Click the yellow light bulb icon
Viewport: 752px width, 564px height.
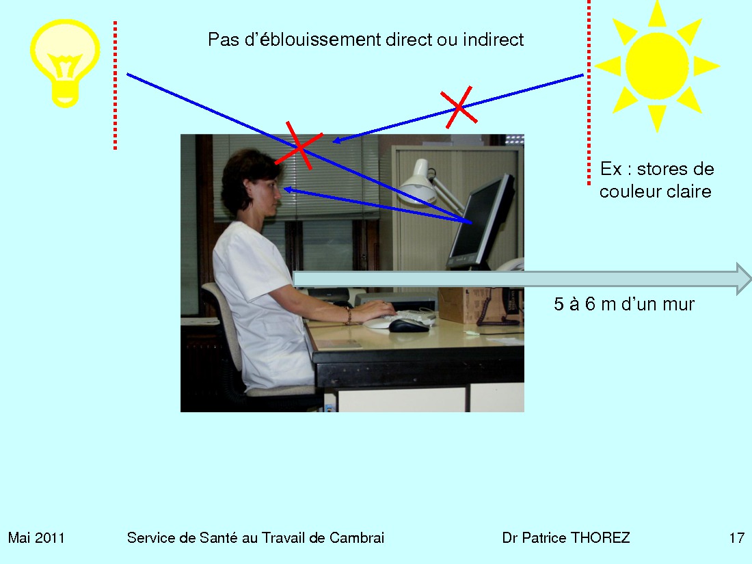[65, 62]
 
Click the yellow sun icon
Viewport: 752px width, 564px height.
[657, 66]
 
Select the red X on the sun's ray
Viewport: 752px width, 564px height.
[459, 107]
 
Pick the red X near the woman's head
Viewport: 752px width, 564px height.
[298, 146]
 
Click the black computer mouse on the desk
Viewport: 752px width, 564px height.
[409, 325]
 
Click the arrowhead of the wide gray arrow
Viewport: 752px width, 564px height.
[743, 279]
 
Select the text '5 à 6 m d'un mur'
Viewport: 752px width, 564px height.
[624, 304]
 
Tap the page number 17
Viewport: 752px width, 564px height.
[737, 537]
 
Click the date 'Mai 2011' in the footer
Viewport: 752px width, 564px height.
[36, 537]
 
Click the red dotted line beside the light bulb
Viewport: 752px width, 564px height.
[115, 85]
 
